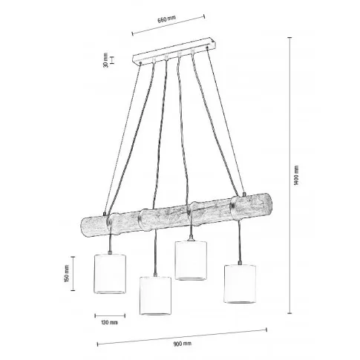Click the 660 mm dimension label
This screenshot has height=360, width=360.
166,19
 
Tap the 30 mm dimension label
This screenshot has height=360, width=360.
105,60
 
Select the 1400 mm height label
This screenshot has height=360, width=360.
296,175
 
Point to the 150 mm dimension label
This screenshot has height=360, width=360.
66,273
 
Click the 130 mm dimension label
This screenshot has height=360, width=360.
110,322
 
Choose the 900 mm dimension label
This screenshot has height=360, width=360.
183,344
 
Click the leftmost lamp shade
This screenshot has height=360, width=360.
110,273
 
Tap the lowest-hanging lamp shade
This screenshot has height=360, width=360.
155,296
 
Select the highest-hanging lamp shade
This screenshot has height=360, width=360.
191,261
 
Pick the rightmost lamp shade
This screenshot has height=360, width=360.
240,284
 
